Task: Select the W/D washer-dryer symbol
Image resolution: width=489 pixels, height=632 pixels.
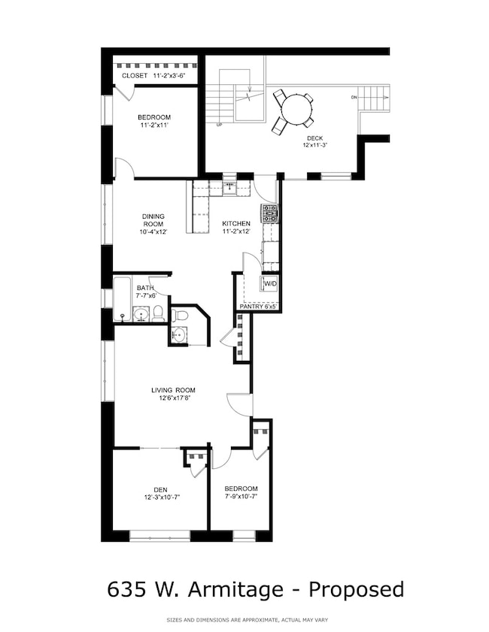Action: click(269, 283)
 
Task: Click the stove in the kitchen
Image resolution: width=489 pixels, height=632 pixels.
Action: click(269, 213)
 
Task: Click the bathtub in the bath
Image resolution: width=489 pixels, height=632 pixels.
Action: click(122, 300)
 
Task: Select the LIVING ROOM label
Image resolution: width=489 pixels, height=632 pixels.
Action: click(173, 390)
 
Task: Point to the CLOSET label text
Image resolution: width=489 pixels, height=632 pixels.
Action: click(135, 76)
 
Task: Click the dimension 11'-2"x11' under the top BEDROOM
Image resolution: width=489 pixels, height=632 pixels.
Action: click(154, 125)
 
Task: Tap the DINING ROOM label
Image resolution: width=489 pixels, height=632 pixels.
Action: click(153, 219)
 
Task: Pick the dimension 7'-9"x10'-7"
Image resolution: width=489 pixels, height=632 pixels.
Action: click(241, 497)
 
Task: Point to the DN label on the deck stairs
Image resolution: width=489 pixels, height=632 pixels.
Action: click(354, 98)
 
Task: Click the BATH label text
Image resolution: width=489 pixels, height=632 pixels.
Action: click(145, 288)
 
